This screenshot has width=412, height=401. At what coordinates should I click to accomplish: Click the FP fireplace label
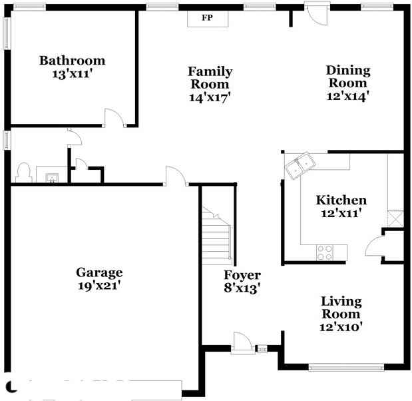click(x=207, y=18)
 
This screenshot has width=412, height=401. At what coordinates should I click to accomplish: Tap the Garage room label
click(x=99, y=272)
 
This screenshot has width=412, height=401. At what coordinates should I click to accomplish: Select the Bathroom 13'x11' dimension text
click(x=73, y=74)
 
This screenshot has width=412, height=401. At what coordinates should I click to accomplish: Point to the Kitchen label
click(x=341, y=200)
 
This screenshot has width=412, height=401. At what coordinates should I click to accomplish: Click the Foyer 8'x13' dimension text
click(x=242, y=288)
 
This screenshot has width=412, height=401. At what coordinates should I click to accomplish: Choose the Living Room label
click(x=341, y=308)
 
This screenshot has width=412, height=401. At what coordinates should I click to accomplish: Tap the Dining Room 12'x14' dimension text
click(x=348, y=96)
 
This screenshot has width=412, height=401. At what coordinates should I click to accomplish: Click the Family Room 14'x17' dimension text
click(x=210, y=97)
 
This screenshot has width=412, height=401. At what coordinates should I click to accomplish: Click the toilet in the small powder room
click(x=24, y=173)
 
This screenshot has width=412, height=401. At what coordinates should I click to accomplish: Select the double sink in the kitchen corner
click(x=300, y=166)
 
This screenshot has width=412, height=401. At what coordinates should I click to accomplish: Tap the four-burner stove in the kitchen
click(x=325, y=252)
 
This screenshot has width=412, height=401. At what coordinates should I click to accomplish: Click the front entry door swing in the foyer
click(x=243, y=342)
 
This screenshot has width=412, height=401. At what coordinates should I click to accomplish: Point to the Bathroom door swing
click(x=115, y=117)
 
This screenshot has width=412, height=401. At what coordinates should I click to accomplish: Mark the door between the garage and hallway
click(x=176, y=176)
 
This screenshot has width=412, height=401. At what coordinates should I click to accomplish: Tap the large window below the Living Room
click(x=346, y=367)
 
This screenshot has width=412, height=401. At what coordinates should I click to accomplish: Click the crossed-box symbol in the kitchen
click(x=395, y=218)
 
